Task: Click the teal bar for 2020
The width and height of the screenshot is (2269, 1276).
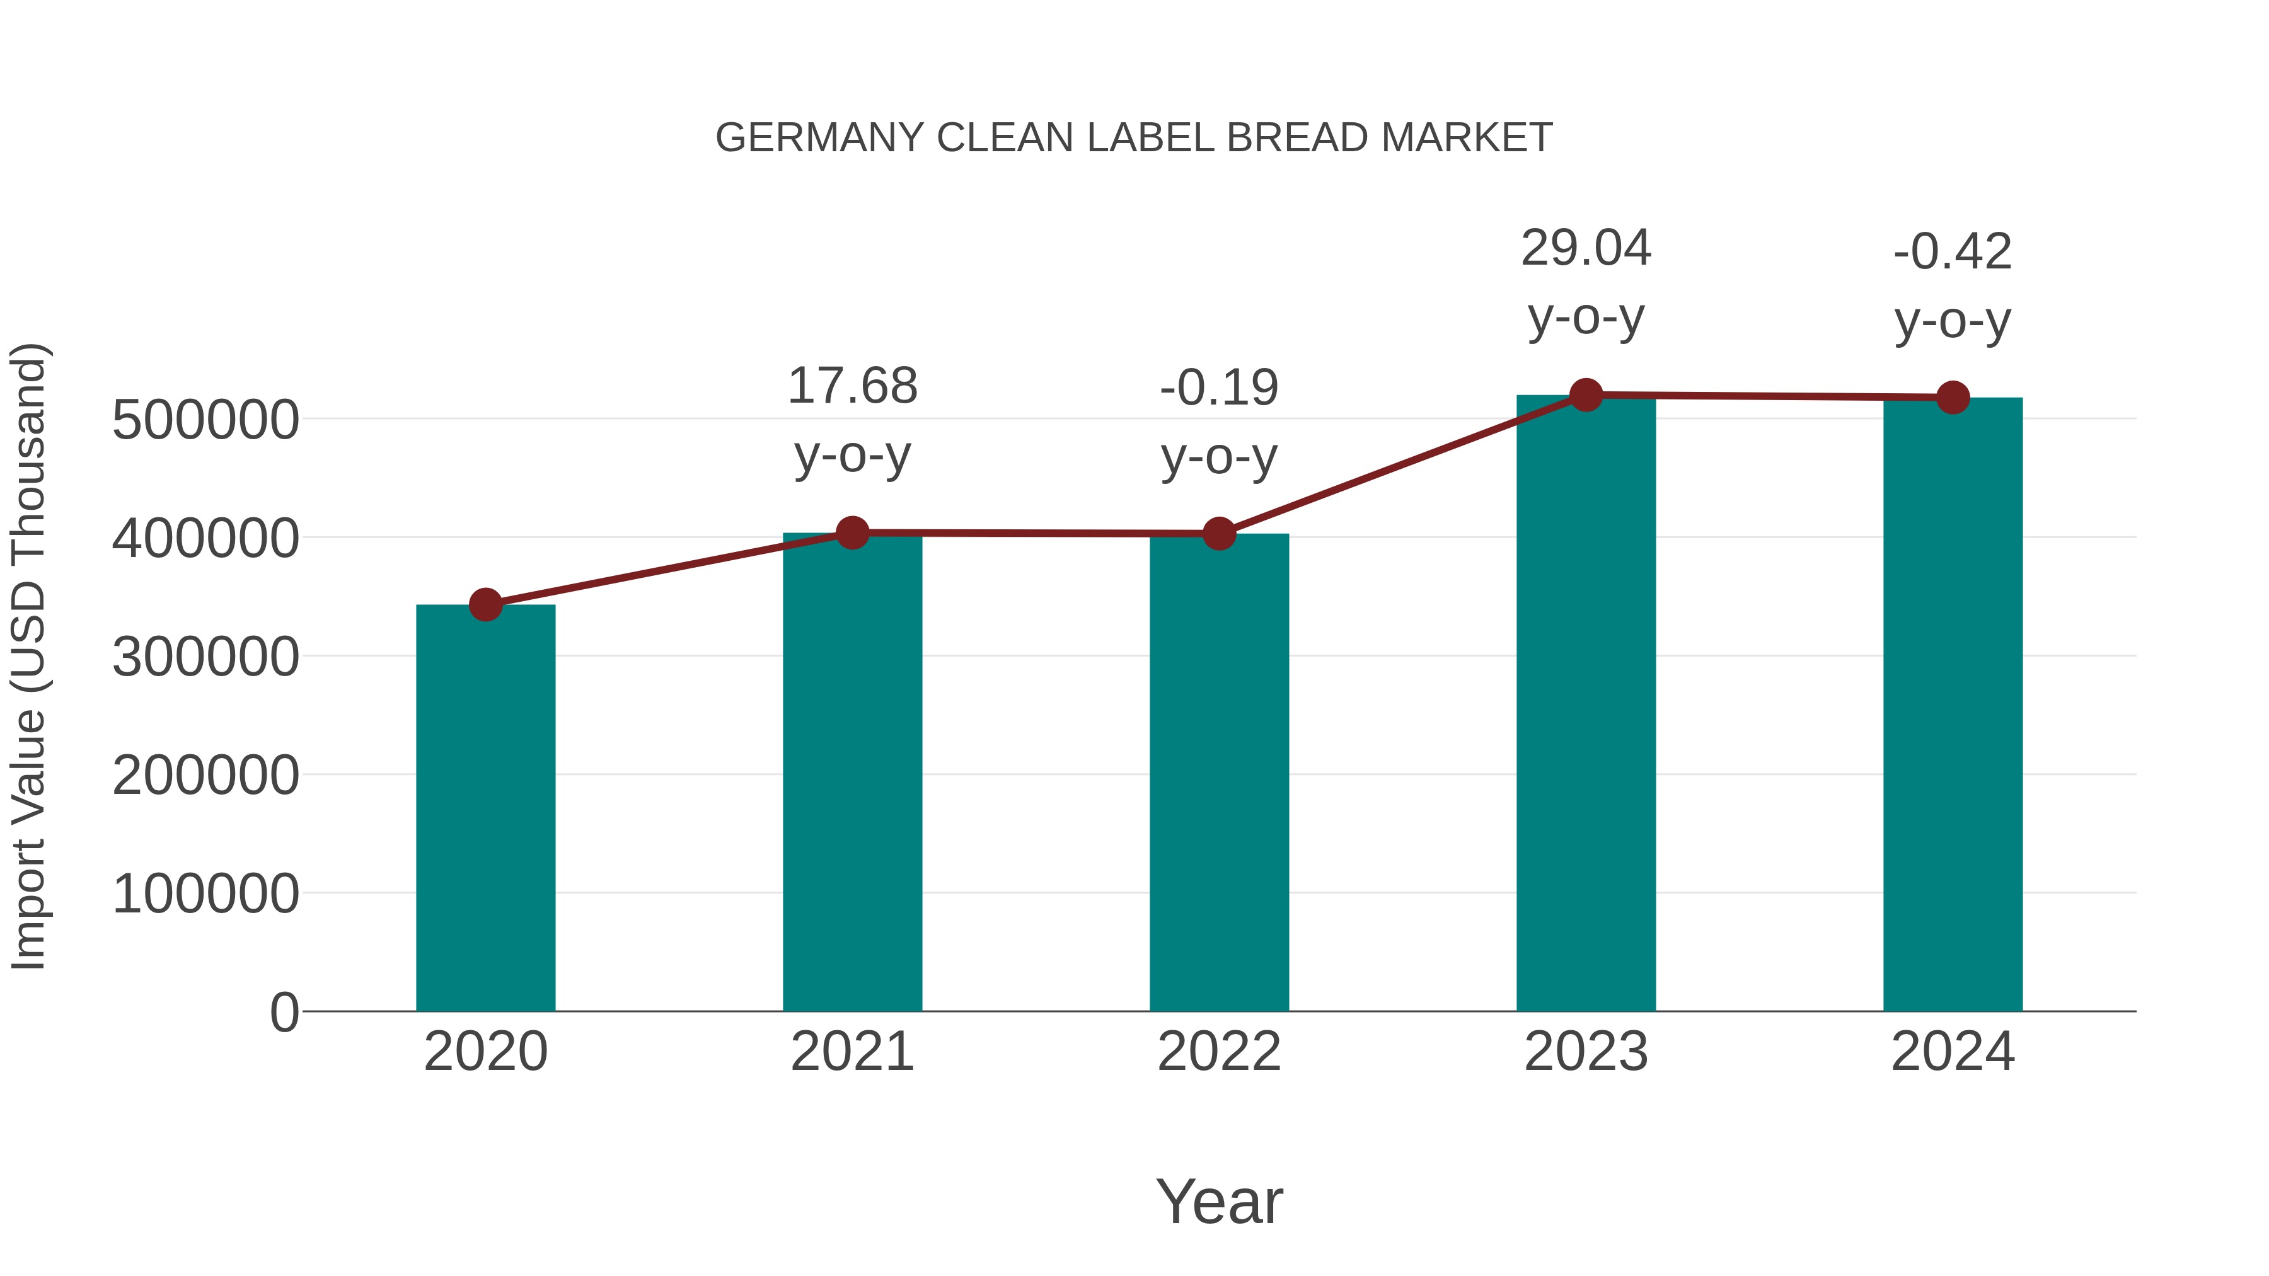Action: (x=485, y=808)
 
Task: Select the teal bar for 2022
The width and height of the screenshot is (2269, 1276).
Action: (x=1219, y=773)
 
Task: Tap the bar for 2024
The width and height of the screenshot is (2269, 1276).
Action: (x=1953, y=704)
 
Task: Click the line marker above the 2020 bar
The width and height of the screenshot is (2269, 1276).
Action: (x=485, y=605)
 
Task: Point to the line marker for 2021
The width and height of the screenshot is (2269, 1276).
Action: (x=852, y=532)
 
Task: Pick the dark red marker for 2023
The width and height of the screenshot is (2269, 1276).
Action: (x=1586, y=395)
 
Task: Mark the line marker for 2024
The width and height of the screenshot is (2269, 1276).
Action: (x=1953, y=398)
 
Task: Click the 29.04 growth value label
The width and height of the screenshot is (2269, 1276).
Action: (x=1586, y=248)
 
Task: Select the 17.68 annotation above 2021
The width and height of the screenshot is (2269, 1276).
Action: (x=852, y=387)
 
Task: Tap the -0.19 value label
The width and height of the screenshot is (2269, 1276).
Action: (x=1219, y=388)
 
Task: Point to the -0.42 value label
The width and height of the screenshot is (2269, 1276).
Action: (x=1953, y=252)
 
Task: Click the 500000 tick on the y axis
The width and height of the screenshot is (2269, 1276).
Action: (x=205, y=420)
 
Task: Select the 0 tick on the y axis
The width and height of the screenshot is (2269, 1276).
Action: (x=284, y=1013)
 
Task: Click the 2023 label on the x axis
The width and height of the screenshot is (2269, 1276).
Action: (x=1586, y=1052)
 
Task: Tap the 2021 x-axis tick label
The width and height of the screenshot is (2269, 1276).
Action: (x=852, y=1052)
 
